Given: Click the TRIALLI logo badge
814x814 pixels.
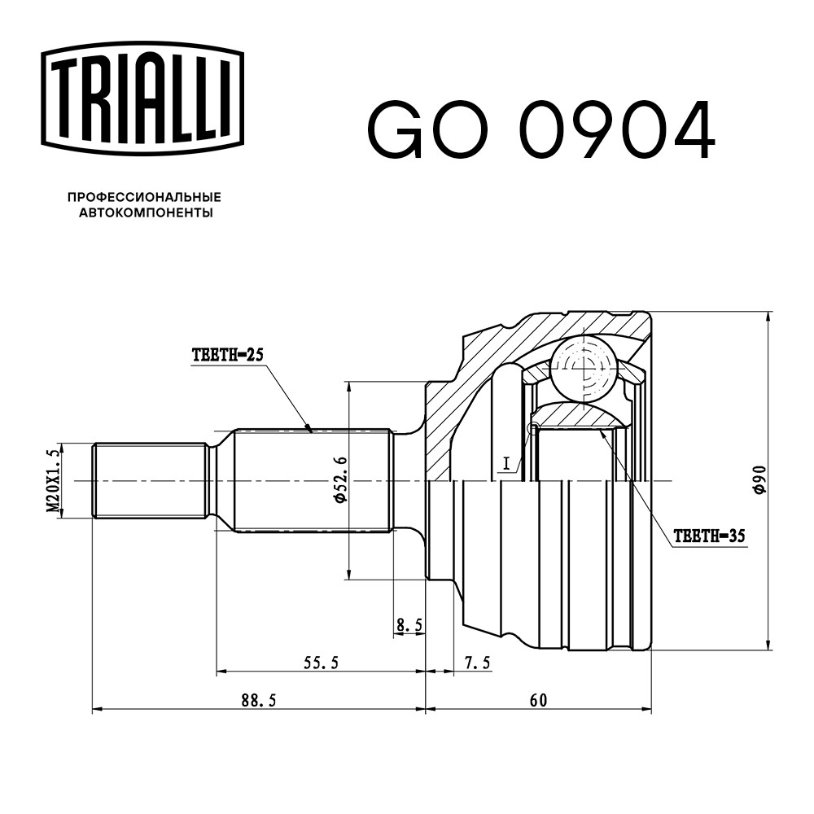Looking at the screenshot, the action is pos(142,98).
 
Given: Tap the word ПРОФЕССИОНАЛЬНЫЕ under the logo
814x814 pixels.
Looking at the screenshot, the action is pos(144,197).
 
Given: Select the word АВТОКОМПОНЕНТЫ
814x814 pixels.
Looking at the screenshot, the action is pos(146,212).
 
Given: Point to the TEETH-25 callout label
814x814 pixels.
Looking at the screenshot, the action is pos(228,355).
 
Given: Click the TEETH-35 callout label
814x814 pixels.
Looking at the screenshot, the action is pos(709,536).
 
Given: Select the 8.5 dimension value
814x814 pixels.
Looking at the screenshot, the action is pos(409,625).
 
